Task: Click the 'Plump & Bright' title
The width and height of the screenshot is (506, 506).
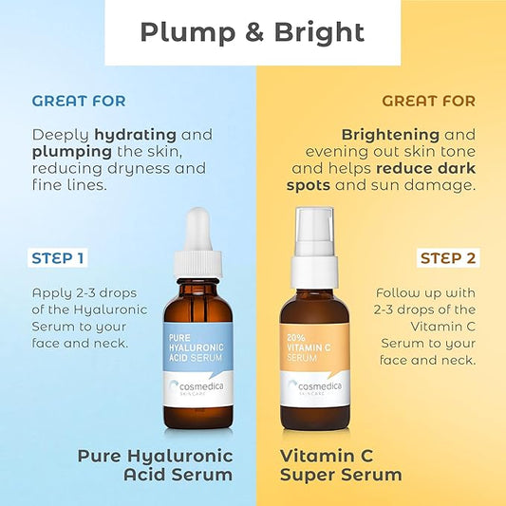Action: pos(253,31)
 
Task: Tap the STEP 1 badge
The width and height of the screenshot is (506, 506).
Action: pos(58,257)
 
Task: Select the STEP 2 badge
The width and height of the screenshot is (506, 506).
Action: pos(448,257)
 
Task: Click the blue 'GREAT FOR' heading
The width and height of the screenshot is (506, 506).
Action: pos(79,101)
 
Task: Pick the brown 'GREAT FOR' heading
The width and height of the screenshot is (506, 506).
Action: pos(428,101)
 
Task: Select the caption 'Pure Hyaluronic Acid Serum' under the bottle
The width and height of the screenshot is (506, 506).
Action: pos(155,464)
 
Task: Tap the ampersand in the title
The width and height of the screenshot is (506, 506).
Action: pos(240,31)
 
